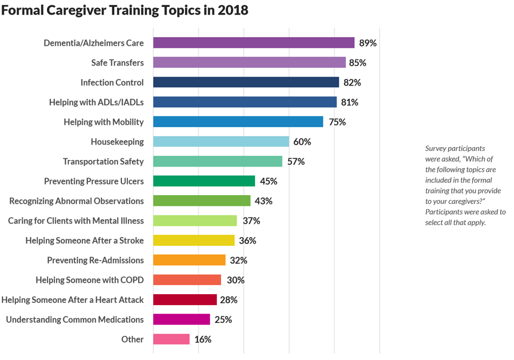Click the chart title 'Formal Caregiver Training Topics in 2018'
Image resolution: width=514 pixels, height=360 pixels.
tap(125, 10)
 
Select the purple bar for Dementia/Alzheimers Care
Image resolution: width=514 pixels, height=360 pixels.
tap(253, 43)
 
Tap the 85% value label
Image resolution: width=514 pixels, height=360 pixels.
tap(357, 63)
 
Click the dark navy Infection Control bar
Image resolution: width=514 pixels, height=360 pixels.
tap(246, 82)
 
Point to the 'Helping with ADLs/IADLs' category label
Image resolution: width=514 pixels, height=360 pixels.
tap(96, 102)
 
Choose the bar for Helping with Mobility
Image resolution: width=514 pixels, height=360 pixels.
tap(238, 122)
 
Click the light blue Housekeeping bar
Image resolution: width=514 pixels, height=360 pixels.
tap(221, 142)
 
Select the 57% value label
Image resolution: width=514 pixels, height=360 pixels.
tap(296, 162)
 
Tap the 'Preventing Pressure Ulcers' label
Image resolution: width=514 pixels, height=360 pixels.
tap(94, 181)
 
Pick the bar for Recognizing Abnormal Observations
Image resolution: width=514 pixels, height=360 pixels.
tap(202, 201)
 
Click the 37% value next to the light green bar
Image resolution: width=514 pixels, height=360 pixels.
tap(251, 221)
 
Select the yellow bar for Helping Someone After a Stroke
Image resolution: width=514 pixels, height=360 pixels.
tap(194, 240)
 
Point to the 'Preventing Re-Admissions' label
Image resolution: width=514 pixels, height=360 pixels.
tap(95, 260)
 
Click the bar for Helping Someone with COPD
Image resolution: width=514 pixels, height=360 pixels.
tap(187, 280)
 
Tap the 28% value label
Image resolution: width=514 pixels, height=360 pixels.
tap(228, 300)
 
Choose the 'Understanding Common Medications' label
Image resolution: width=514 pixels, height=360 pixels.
tap(75, 320)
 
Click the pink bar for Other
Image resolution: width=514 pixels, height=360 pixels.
tap(172, 340)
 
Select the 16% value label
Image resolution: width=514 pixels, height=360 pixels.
tap(202, 340)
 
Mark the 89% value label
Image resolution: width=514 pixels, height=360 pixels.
tap(368, 43)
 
